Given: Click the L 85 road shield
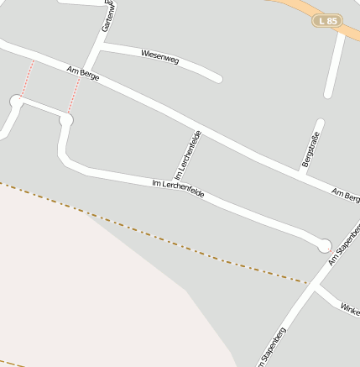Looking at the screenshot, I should [x=328, y=19].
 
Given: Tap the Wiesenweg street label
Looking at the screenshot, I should [x=160, y=57].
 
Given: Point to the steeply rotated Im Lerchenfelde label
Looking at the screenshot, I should [x=188, y=155].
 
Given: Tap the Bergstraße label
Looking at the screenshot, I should [x=310, y=149].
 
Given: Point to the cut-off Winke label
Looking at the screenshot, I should [x=350, y=308].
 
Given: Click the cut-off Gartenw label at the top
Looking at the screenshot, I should [x=108, y=16].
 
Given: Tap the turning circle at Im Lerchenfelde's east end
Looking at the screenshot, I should [x=325, y=245].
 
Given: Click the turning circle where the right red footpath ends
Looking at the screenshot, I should [x=66, y=121].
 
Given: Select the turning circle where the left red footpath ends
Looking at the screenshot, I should [x=16, y=101].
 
